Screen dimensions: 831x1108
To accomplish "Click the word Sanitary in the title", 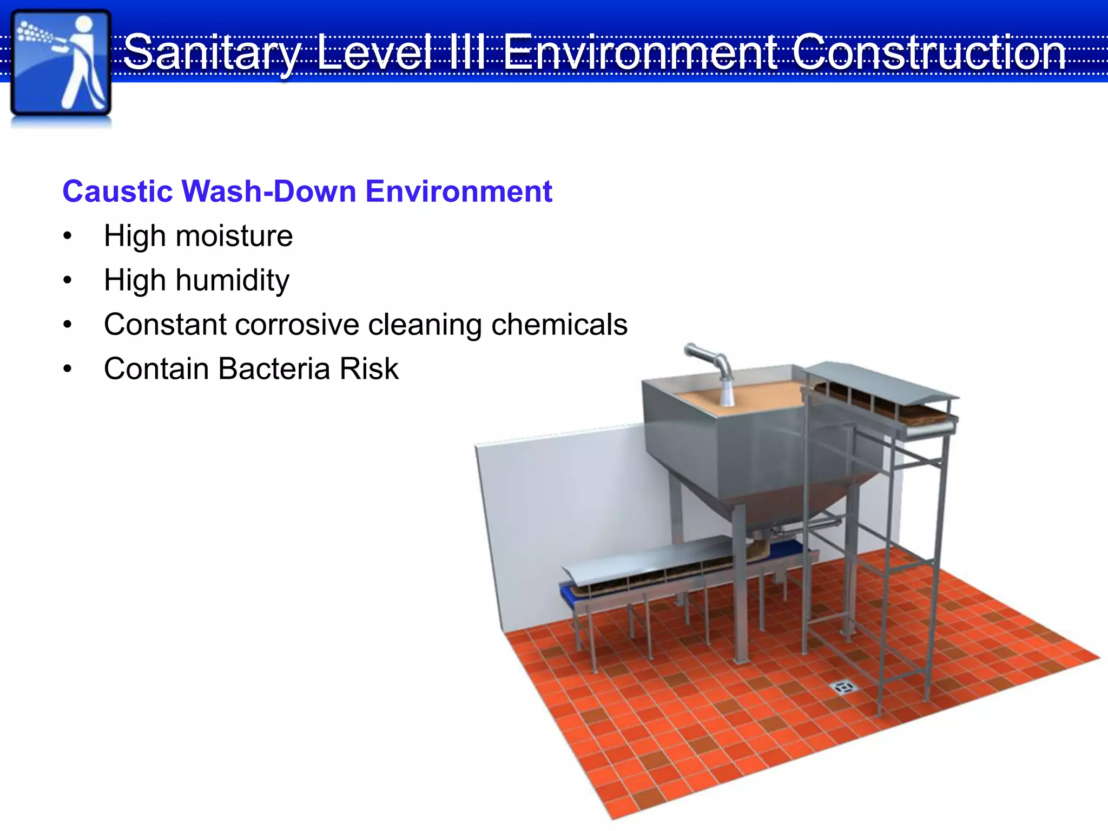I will coord(211,52).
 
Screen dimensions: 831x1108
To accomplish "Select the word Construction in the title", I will coord(928,52).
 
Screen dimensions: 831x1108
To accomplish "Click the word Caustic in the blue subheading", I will coord(117,192).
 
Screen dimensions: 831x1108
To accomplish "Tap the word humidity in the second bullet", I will coord(232,281).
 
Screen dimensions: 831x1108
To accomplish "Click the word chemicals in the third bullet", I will coord(559,325).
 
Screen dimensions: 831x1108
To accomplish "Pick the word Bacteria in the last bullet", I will coord(274,369).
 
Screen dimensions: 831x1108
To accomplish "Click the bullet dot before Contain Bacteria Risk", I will coord(67,369).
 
